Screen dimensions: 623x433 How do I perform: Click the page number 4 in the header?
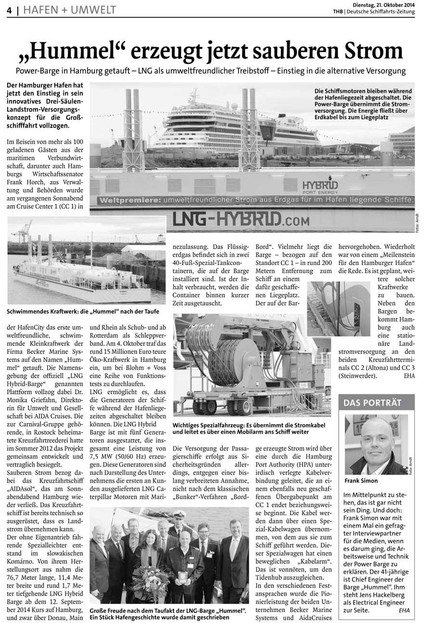pyautogui.click(x=10, y=10)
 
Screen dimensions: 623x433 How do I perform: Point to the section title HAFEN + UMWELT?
pyautogui.click(x=69, y=10)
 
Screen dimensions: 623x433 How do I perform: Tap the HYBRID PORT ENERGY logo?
pyautogui.click(x=320, y=187)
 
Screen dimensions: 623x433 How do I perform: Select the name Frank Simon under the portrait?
pyautogui.click(x=361, y=480)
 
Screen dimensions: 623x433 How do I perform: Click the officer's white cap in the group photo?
pyautogui.click(x=179, y=514)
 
